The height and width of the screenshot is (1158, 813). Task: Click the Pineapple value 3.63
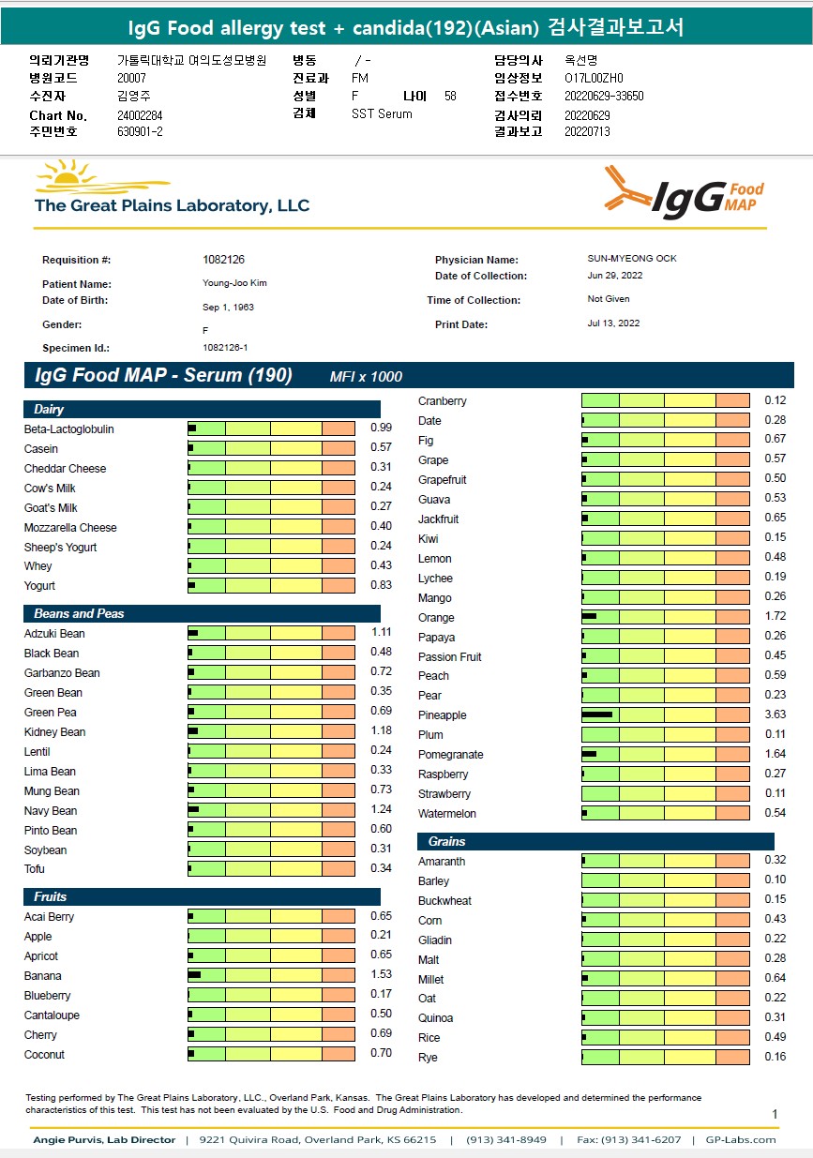775,715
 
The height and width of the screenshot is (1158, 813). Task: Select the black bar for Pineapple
596,715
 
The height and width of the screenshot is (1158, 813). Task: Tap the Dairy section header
49,410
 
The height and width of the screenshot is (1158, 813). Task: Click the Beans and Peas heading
79,614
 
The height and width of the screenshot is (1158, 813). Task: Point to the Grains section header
446,842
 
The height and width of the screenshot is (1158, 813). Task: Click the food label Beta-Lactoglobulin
68,429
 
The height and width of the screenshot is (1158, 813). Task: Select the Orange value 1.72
775,618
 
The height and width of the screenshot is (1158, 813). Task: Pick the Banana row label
43,976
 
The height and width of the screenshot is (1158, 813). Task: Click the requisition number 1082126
223,260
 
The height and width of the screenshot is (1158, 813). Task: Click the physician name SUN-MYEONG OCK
625,259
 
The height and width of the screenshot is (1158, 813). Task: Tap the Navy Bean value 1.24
380,811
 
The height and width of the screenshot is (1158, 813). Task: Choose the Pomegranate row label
451,755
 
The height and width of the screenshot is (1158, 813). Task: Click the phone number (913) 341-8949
507,1140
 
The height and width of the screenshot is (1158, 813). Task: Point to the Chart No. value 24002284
140,115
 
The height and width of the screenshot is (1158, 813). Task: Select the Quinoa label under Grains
436,1018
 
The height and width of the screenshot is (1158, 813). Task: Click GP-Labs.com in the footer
740,1140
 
